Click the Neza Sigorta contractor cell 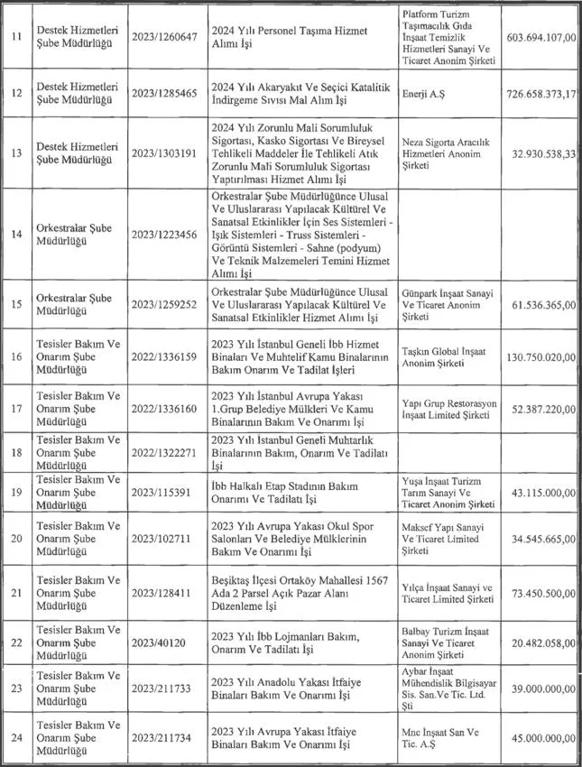point(443,150)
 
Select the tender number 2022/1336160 point(166,407)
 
